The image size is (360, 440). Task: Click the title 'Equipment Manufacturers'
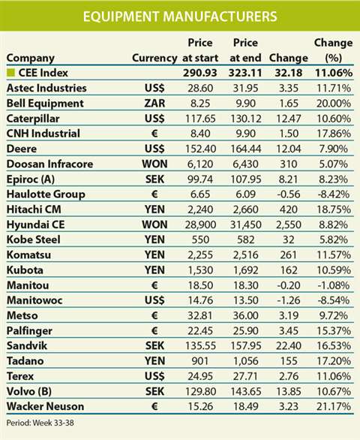(x=179, y=16)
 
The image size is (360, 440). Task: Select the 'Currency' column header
(x=154, y=58)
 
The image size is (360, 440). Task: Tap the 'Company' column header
(x=31, y=58)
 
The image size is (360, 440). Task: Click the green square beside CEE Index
(x=10, y=73)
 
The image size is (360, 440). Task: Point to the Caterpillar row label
(x=34, y=119)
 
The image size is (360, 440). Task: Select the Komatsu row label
(x=29, y=255)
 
